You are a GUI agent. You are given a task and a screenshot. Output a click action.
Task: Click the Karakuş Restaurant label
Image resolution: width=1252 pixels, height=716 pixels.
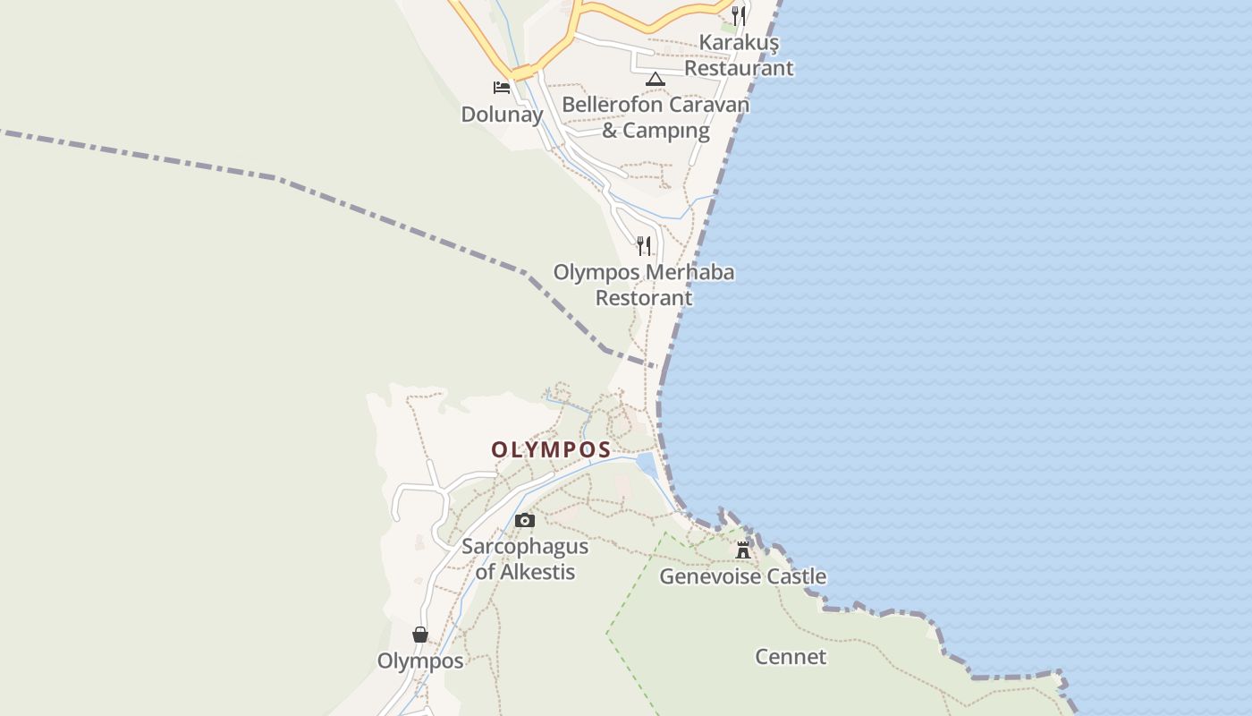(x=738, y=55)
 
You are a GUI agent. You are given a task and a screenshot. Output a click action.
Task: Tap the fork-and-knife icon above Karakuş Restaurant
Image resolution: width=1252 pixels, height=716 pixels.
(x=739, y=15)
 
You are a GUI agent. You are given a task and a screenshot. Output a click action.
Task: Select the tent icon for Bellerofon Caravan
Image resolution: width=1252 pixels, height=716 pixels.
(x=656, y=79)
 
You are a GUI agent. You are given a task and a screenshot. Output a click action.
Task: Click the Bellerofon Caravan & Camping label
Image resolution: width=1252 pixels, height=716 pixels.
(x=656, y=117)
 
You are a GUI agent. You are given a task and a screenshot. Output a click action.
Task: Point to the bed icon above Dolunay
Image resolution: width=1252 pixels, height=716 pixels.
(x=502, y=88)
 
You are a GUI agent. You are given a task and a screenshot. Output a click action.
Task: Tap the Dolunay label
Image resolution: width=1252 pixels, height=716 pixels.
(x=502, y=115)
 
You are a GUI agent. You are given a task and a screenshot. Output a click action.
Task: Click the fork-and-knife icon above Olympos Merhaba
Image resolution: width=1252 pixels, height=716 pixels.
(x=644, y=245)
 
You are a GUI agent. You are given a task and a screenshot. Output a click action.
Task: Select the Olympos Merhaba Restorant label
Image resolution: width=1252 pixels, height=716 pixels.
(x=644, y=285)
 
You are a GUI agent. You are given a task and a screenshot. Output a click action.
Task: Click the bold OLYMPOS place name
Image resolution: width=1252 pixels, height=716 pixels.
(x=551, y=449)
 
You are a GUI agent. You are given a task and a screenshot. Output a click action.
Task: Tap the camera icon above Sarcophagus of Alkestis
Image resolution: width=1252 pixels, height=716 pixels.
(x=525, y=521)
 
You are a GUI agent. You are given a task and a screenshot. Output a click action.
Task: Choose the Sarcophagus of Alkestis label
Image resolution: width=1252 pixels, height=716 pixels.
(x=525, y=558)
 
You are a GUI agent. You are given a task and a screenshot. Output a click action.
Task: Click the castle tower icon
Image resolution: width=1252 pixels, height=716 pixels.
(x=743, y=550)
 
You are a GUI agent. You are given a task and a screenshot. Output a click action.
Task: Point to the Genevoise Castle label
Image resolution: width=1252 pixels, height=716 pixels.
(x=742, y=576)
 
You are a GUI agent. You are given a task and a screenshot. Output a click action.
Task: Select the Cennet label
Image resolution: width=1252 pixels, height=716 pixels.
(x=791, y=657)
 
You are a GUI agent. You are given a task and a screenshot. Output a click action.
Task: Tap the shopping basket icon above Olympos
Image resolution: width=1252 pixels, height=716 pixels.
(x=420, y=635)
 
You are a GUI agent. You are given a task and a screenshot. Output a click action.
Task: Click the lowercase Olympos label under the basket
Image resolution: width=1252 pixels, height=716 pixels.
(x=420, y=661)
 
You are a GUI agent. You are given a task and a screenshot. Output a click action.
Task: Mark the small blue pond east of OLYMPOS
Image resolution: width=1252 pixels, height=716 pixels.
(x=646, y=465)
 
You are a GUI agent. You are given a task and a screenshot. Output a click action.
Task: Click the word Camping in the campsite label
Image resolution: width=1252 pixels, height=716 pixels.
(x=667, y=131)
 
